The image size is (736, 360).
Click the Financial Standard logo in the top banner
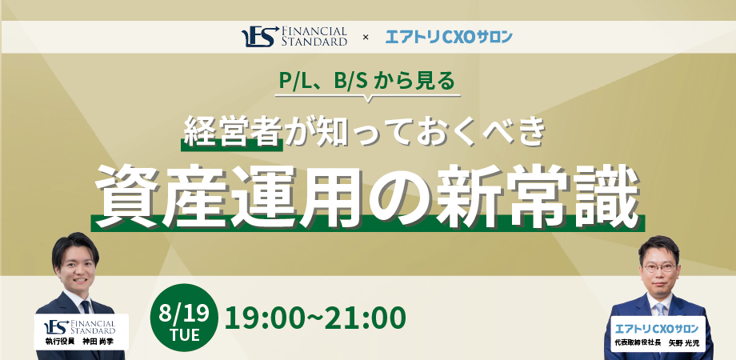click(x=294, y=37)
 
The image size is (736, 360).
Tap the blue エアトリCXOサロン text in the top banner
click(x=449, y=37)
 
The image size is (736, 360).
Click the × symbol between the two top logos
click(x=366, y=38)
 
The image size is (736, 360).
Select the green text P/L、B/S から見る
click(x=366, y=81)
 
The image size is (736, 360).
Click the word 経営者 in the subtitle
click(x=232, y=131)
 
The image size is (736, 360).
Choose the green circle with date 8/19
click(x=184, y=318)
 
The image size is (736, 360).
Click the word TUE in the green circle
click(x=185, y=334)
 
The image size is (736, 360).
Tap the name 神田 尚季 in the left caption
click(x=97, y=342)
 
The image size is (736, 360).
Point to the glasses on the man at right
click(x=659, y=267)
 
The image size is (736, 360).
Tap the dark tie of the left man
click(x=86, y=307)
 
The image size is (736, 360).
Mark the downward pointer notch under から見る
click(x=367, y=98)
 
